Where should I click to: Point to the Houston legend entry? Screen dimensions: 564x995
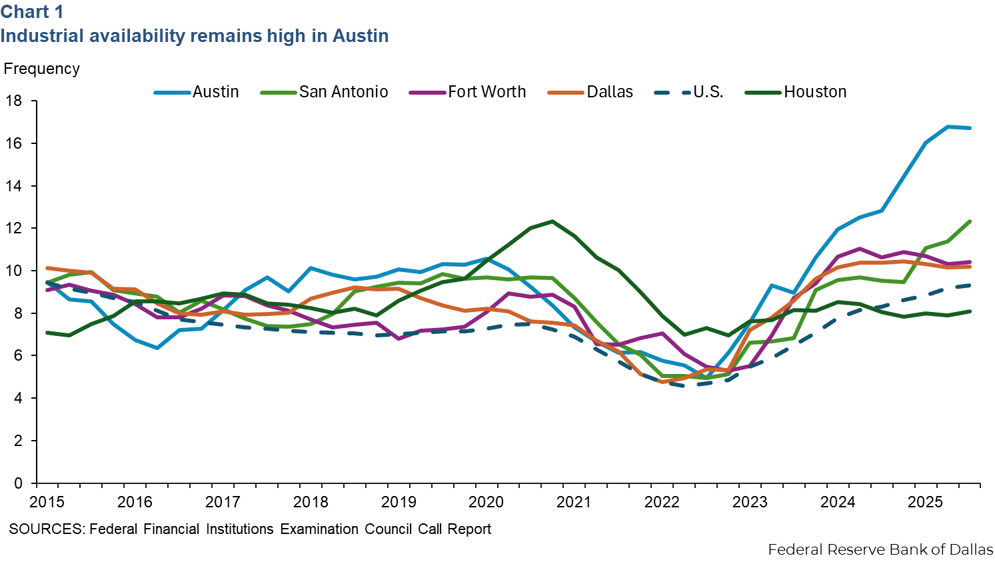tap(815, 92)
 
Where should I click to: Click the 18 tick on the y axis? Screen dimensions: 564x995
tap(14, 101)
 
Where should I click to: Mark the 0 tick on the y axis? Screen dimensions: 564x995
tap(18, 483)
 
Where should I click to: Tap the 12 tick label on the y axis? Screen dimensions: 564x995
tap(14, 229)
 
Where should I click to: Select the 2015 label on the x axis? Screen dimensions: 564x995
tap(47, 502)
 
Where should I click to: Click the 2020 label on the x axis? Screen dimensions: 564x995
tap(487, 502)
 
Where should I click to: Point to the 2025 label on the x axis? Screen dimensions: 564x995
tap(926, 502)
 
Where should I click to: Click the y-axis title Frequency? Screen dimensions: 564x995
tap(42, 69)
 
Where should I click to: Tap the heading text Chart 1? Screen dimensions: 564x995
tap(32, 12)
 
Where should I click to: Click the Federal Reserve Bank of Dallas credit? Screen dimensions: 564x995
tap(880, 549)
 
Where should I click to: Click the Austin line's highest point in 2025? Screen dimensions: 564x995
tap(948, 126)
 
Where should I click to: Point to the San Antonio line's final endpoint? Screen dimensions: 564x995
tap(970, 221)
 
